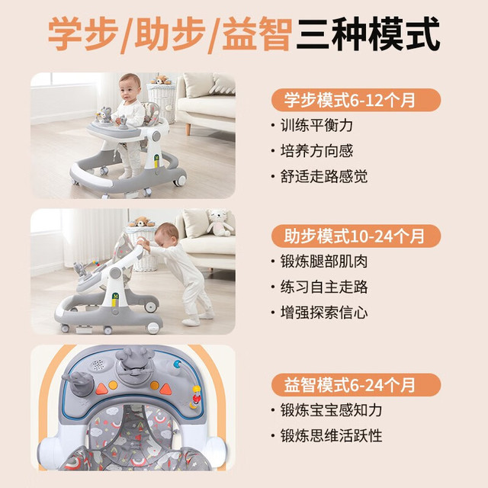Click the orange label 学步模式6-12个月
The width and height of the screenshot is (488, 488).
tap(356, 100)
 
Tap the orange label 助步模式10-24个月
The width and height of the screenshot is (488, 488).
tap(356, 236)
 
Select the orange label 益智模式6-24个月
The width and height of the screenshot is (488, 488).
tap(356, 384)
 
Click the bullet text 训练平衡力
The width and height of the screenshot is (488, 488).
tap(316, 125)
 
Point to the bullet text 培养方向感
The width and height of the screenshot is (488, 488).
tap(316, 151)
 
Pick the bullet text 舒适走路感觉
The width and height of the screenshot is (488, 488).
tap(324, 176)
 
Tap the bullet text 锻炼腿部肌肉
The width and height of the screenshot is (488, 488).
tap(324, 262)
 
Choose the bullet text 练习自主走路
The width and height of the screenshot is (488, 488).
tap(324, 287)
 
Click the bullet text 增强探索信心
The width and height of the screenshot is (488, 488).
tap(324, 313)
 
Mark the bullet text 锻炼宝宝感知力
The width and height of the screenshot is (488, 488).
tap(331, 410)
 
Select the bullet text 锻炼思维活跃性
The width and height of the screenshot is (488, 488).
tap(331, 435)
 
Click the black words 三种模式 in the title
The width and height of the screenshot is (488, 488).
tap(368, 34)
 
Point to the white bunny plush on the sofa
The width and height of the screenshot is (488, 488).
tap(219, 222)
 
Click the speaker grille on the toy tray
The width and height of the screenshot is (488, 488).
tap(98, 364)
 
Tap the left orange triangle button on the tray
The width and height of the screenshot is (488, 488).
tap(101, 389)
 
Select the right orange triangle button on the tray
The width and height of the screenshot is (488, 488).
tap(166, 389)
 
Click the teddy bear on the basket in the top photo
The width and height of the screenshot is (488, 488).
tap(161, 79)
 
